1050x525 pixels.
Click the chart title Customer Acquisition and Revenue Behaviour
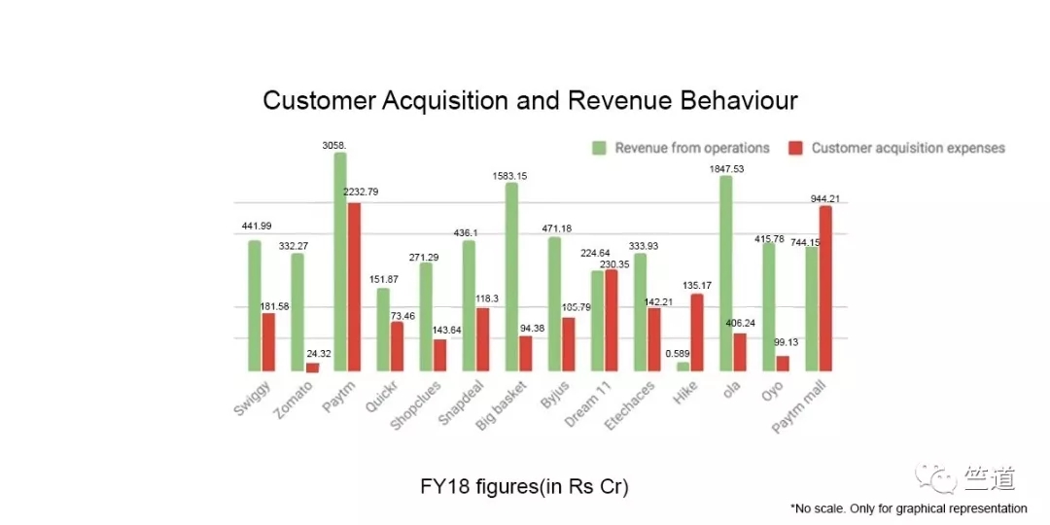(x=530, y=100)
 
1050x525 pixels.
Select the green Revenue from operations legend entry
(x=681, y=148)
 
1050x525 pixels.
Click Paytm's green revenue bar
(x=340, y=262)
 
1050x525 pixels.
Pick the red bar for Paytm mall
(x=825, y=289)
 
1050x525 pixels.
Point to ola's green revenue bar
(x=725, y=273)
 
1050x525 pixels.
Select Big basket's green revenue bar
(x=511, y=277)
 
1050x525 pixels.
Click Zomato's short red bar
(x=312, y=367)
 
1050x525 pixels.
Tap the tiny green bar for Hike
(x=682, y=367)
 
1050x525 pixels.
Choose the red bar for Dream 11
(x=612, y=320)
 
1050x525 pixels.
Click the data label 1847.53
(x=725, y=167)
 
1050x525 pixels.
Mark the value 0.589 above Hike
(x=678, y=353)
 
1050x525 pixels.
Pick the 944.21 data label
(x=825, y=198)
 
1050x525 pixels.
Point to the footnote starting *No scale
(x=908, y=508)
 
